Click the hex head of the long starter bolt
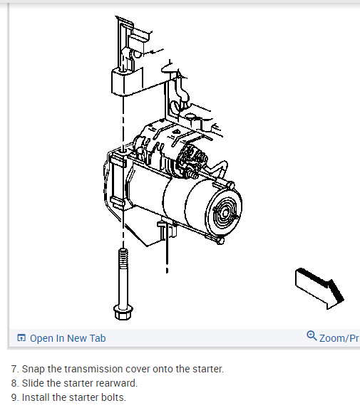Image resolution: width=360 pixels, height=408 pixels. pos(123,313)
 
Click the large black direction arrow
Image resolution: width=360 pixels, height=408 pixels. pos(319,288)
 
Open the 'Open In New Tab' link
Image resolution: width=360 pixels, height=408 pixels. pos(68,338)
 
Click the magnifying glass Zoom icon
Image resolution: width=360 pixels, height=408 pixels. pos(312,335)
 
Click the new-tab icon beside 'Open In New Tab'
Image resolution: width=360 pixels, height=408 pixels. pos(21,338)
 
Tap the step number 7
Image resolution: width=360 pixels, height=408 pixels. pos(15,370)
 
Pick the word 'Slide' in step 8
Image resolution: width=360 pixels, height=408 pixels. pos(33,383)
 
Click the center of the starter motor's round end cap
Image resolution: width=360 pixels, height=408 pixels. pos(225,214)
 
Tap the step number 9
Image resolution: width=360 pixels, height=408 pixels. pos(15,397)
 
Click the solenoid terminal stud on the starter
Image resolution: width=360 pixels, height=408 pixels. pos(192,174)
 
